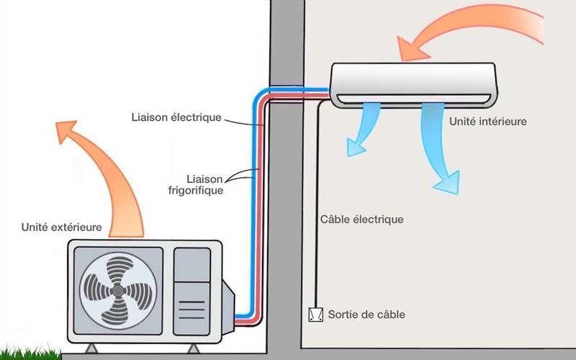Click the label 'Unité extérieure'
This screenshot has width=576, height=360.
(62, 228)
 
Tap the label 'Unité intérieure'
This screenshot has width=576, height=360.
(487, 122)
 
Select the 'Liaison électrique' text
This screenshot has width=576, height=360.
(176, 117)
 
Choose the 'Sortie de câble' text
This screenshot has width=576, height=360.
(366, 315)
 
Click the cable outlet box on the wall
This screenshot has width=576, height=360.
(315, 315)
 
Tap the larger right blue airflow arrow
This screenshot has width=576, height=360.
(439, 148)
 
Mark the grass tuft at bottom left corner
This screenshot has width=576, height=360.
(22, 350)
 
